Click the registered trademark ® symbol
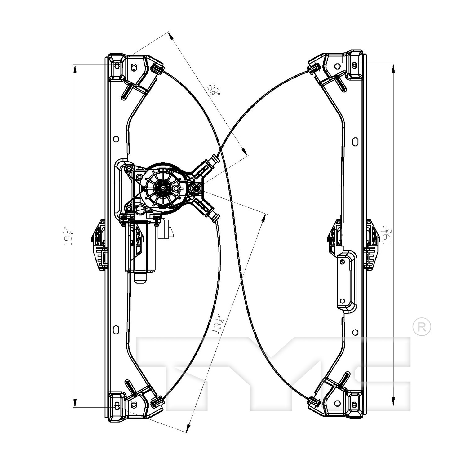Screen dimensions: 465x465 (x=422, y=327)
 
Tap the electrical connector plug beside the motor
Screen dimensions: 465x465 (x=166, y=229)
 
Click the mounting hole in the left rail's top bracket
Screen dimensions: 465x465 (x=117, y=66)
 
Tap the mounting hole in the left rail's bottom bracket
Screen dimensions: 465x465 (x=117, y=406)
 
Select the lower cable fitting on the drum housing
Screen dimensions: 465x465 (x=206, y=210)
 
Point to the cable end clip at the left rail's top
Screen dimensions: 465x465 (x=157, y=67)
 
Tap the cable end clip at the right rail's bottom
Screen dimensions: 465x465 (x=313, y=402)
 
